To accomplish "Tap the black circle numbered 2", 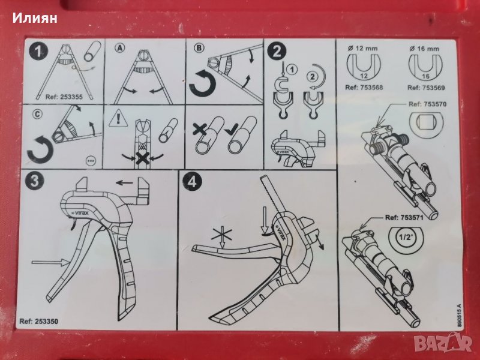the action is click(x=277, y=52).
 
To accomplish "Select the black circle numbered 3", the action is click(x=34, y=181).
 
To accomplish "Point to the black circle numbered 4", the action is click(x=192, y=182).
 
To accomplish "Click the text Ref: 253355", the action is click(x=64, y=97).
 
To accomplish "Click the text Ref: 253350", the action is click(x=38, y=321).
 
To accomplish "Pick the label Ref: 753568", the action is click(x=364, y=88).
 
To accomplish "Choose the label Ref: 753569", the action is click(x=426, y=88).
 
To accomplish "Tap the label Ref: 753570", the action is click(x=427, y=104).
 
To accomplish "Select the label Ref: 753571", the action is click(x=404, y=218).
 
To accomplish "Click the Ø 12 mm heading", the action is click(x=363, y=48).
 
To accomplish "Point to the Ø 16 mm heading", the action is click(x=424, y=49).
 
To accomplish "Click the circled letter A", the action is click(x=119, y=48).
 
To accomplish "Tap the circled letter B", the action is click(x=199, y=47).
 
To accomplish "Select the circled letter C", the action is click(x=37, y=115).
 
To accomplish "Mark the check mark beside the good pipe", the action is click(x=231, y=131).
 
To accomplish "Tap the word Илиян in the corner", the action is click(x=35, y=18).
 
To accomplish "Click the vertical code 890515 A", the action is click(x=458, y=316).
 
